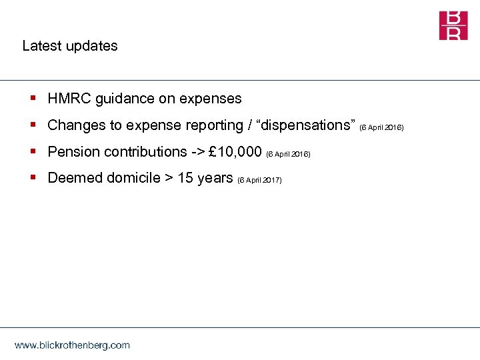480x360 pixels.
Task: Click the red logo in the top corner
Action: click(x=453, y=25)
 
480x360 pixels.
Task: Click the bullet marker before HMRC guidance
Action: click(x=33, y=99)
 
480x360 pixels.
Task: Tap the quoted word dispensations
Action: click(x=303, y=125)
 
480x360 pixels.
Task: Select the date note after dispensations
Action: click(x=381, y=127)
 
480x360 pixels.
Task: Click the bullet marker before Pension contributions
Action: click(x=33, y=152)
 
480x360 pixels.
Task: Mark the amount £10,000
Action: click(x=235, y=152)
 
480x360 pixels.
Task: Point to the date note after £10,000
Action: click(x=288, y=154)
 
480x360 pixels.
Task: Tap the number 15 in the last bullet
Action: click(x=185, y=178)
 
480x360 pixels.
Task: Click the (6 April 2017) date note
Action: click(x=259, y=180)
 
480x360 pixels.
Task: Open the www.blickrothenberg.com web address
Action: click(x=72, y=345)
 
